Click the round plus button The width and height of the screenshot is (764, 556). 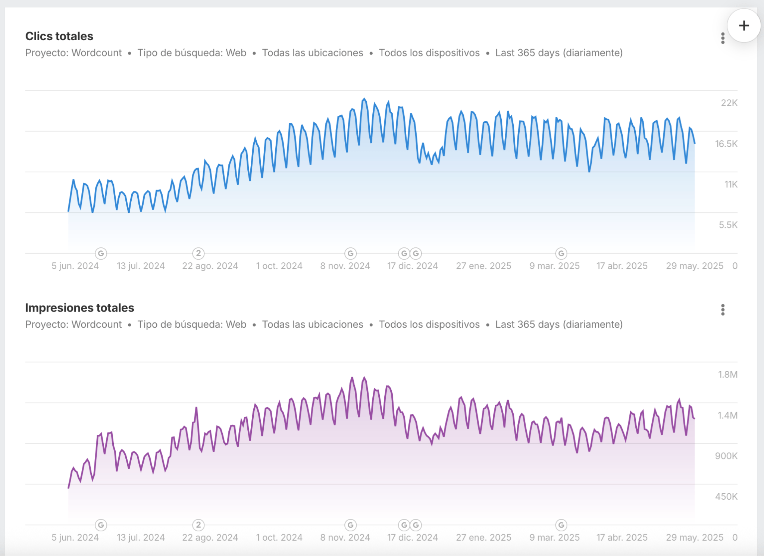(x=743, y=26)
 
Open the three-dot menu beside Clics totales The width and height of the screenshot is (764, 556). (x=723, y=38)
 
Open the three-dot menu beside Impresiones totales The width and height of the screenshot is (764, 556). (x=723, y=310)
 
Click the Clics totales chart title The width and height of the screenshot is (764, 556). (x=59, y=36)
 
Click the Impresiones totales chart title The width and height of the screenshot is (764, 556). (x=79, y=308)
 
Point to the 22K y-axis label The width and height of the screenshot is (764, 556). (x=729, y=103)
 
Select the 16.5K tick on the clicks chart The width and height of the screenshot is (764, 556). (x=726, y=144)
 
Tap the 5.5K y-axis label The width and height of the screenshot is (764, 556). (x=728, y=225)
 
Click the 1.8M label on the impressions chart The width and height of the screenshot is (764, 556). (x=727, y=375)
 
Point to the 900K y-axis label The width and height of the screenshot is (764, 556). (x=726, y=456)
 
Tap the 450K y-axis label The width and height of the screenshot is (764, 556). (x=726, y=497)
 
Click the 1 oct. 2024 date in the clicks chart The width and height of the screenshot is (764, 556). (x=279, y=266)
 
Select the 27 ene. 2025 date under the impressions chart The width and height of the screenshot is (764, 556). (x=483, y=538)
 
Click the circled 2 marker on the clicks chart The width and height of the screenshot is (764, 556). (x=198, y=253)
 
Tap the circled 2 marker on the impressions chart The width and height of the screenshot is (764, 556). (x=198, y=525)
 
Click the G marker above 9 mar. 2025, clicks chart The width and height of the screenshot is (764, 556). (x=561, y=253)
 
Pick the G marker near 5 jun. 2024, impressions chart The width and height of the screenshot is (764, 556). (x=101, y=525)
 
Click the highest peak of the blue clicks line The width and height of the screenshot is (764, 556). (x=364, y=99)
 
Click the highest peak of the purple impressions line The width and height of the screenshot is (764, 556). (x=364, y=378)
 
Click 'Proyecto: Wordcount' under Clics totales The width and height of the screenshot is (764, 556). (x=73, y=53)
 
